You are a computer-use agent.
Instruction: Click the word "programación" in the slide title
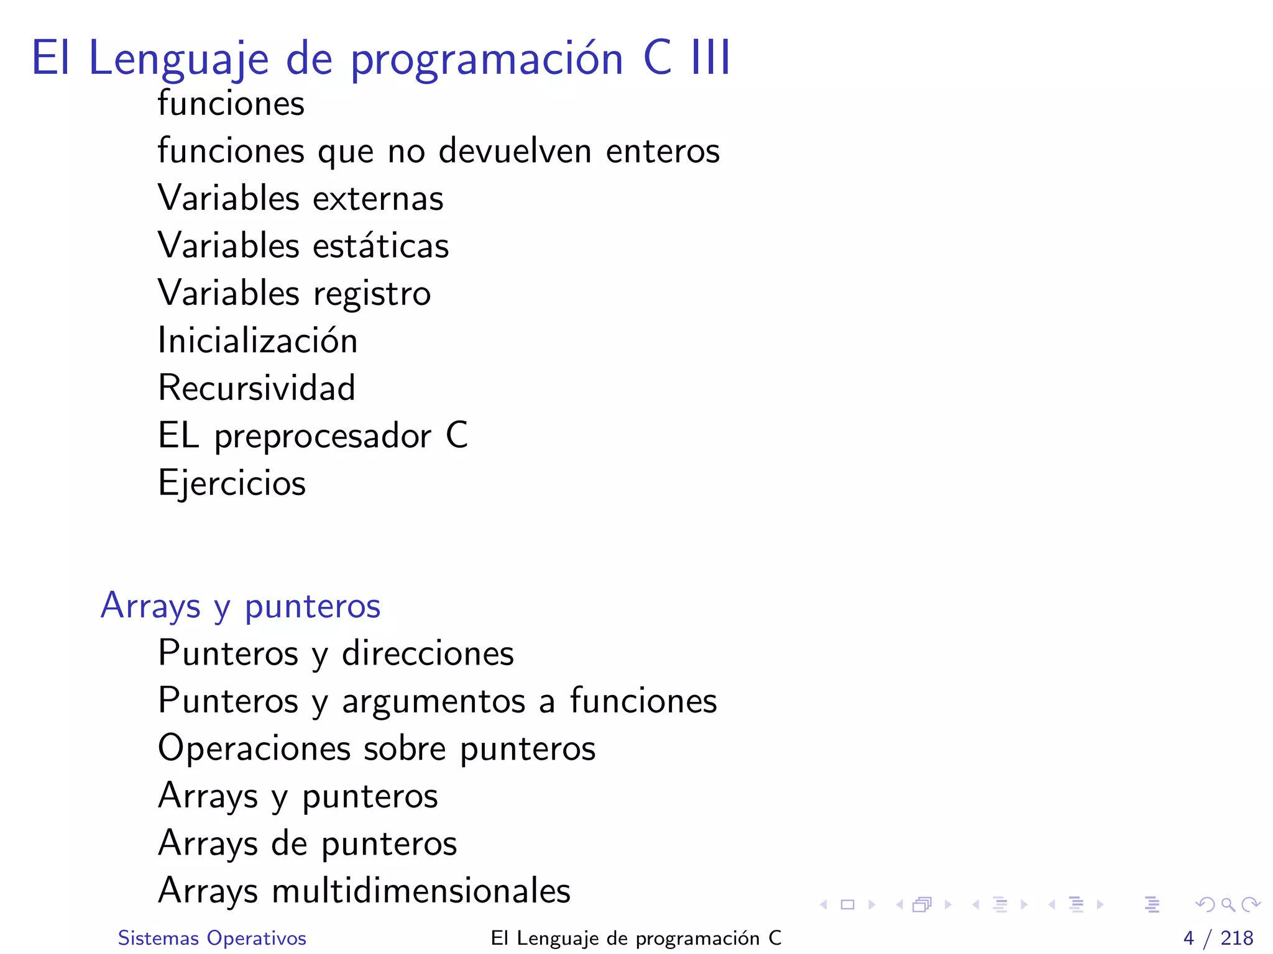[487, 60]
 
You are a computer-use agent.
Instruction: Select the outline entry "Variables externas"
[301, 198]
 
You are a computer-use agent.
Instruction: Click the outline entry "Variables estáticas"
[303, 245]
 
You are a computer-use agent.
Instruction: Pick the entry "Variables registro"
[294, 293]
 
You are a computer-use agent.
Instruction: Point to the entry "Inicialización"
[258, 340]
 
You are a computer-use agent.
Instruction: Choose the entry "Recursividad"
[257, 388]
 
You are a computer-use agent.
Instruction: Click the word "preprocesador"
[323, 436]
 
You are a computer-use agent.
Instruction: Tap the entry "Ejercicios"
[232, 483]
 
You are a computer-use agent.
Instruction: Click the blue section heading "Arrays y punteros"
[240, 606]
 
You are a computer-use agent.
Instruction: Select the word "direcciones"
[428, 653]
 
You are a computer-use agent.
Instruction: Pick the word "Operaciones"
[254, 748]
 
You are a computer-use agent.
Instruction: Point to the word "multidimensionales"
[421, 891]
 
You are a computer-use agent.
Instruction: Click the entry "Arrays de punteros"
[308, 843]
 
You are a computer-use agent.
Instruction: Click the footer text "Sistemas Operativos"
[212, 938]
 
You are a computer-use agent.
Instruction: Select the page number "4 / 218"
[1218, 938]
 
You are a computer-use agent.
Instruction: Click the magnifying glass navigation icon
[1228, 904]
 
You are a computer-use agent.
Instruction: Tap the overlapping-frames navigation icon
[922, 904]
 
